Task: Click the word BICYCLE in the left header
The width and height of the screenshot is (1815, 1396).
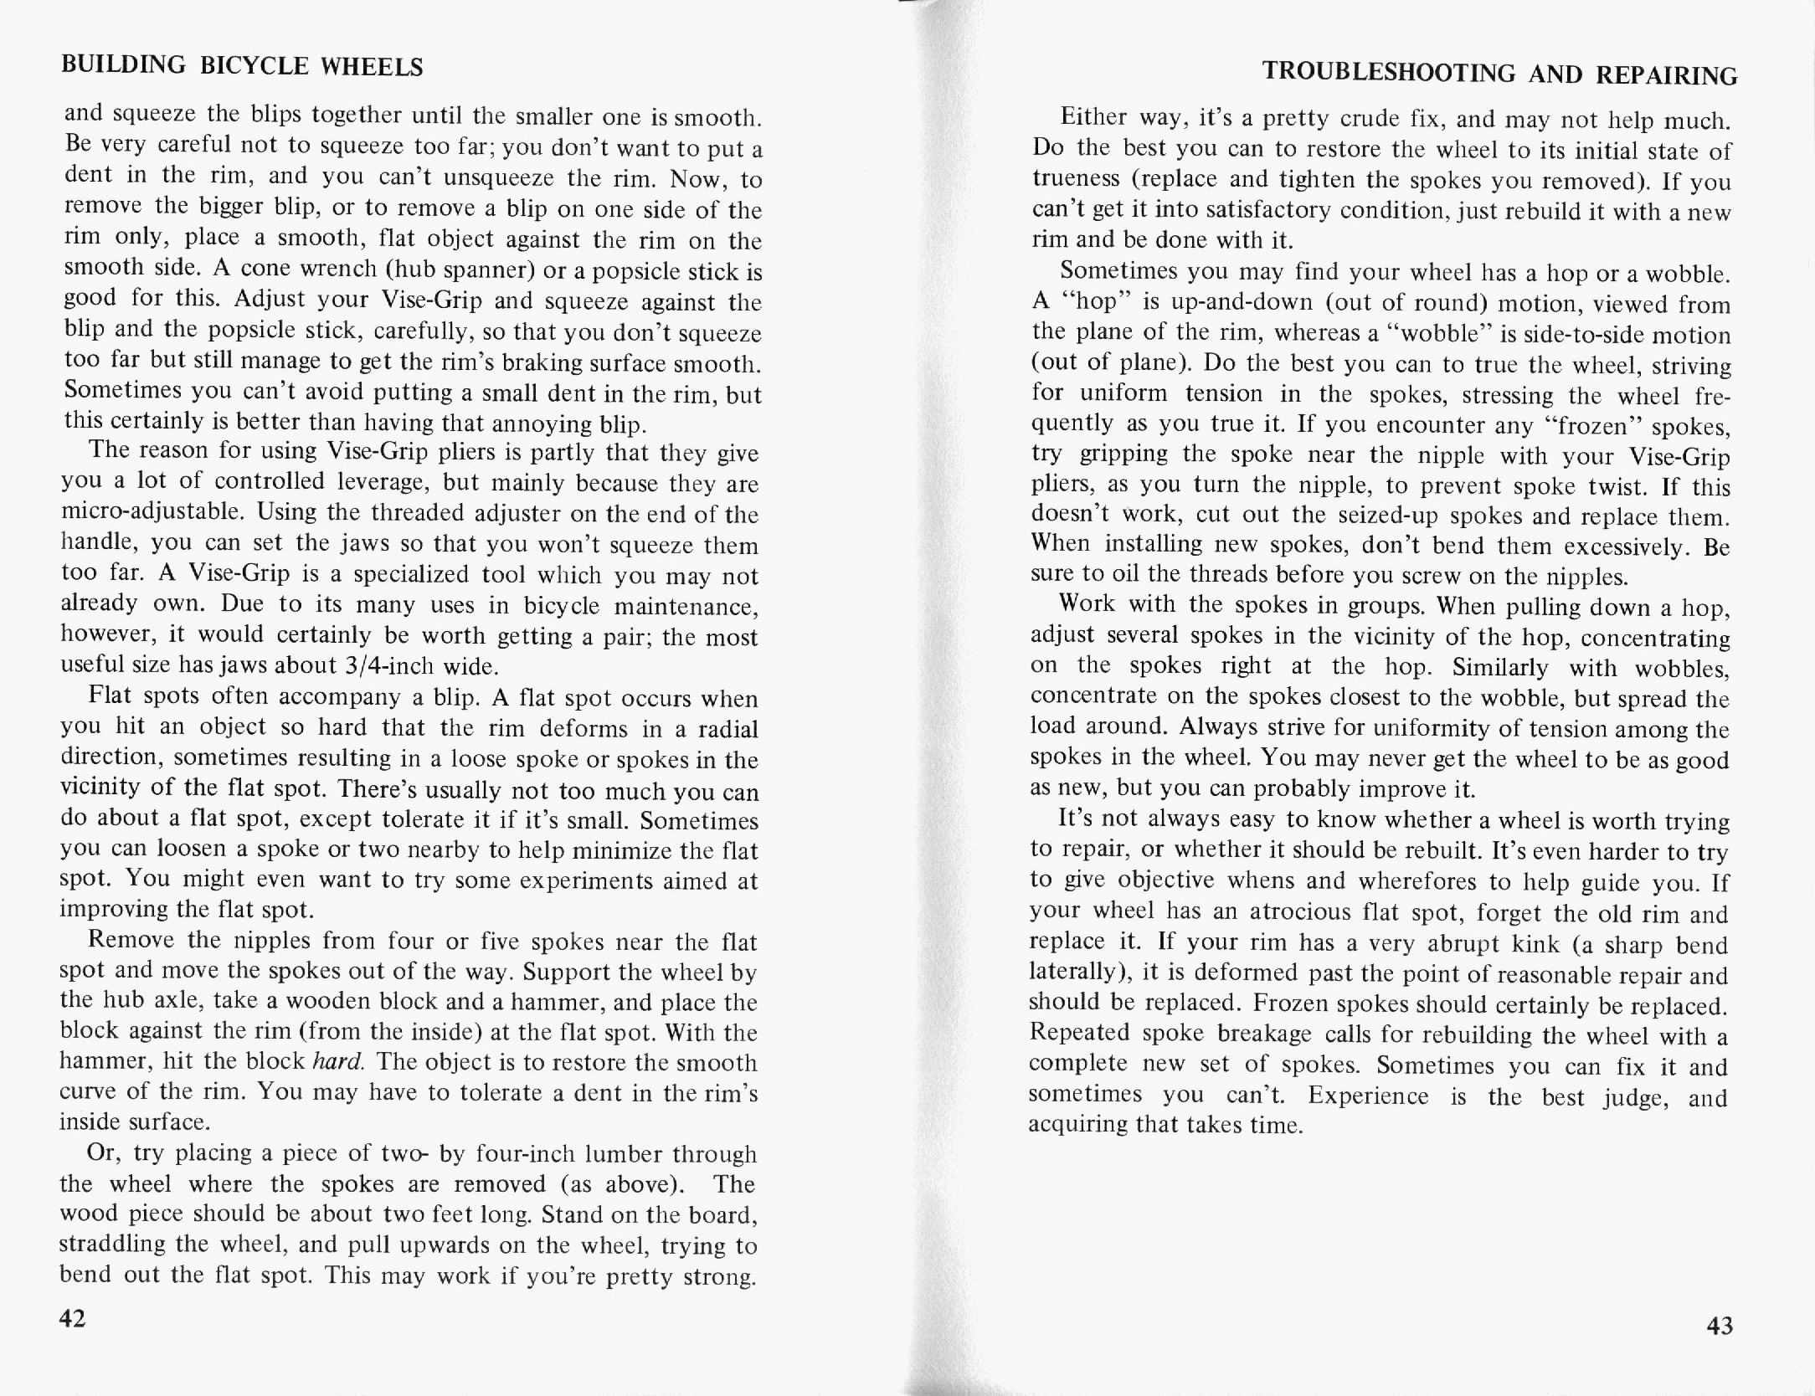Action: [255, 66]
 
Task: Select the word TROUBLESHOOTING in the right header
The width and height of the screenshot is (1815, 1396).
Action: [1389, 72]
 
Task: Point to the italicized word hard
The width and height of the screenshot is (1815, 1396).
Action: [337, 1061]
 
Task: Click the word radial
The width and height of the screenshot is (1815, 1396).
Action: [723, 728]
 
